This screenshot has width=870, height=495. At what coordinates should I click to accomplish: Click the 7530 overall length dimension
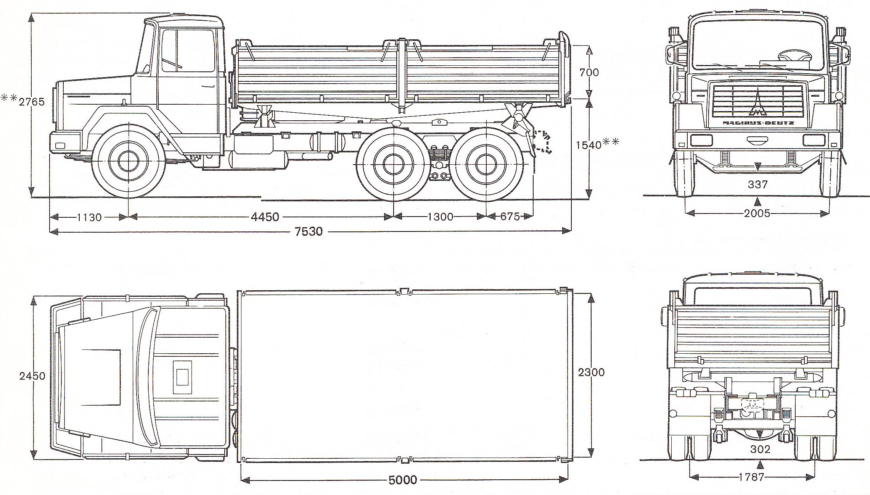click(309, 231)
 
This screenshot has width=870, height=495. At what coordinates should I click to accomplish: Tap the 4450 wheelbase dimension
click(265, 217)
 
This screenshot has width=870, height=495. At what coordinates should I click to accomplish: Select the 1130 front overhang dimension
click(89, 217)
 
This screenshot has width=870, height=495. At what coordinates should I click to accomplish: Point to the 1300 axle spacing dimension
click(440, 217)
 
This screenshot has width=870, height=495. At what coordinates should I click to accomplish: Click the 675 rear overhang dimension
click(510, 217)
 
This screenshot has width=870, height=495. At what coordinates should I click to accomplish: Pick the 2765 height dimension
click(32, 102)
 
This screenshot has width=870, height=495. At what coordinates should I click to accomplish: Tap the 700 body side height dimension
click(589, 72)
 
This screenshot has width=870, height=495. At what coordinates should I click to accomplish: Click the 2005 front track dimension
click(757, 213)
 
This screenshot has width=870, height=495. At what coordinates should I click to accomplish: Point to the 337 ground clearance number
click(757, 184)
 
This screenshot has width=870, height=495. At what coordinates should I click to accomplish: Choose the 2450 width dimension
click(32, 376)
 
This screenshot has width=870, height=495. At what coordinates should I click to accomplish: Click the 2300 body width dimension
click(591, 372)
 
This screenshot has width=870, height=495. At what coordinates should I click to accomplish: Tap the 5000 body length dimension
click(402, 480)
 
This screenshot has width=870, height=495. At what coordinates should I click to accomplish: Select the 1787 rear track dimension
click(751, 477)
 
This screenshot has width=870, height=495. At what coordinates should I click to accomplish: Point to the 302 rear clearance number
click(760, 450)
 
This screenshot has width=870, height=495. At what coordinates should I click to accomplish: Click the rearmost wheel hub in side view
click(486, 164)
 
